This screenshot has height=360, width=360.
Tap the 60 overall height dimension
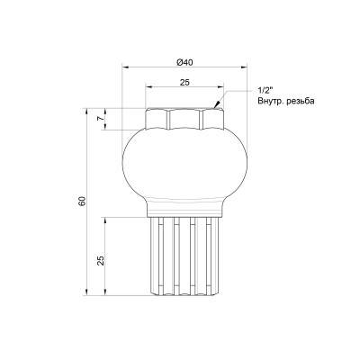(82, 202)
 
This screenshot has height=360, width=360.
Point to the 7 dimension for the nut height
(102, 118)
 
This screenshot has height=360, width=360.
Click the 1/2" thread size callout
(265, 92)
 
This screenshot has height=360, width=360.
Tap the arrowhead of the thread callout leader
(216, 105)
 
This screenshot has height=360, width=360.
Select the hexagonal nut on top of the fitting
(183, 118)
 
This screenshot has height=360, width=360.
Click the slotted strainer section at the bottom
(183, 256)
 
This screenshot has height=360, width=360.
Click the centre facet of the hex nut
(183, 118)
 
